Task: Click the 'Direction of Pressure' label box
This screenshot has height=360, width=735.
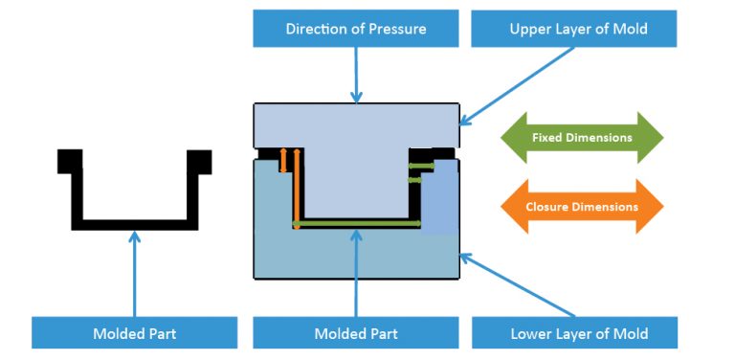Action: pos(356,29)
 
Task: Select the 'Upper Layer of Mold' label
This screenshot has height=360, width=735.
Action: pos(574,29)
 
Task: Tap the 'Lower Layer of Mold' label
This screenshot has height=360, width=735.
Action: pos(574,333)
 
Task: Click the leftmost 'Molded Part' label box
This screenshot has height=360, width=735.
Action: pos(134,333)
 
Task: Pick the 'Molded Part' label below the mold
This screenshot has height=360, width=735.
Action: pos(356,333)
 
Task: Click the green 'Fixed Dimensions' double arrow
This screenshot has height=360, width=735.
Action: pos(582,137)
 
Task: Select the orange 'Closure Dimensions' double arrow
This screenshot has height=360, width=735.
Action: pos(582,206)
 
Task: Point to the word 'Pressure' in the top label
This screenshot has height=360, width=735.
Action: pos(395,29)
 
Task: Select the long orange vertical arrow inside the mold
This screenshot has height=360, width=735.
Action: pos(297,187)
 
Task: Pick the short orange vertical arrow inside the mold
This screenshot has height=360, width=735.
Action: pos(283,160)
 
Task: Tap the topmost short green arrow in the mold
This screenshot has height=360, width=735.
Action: pos(421,166)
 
